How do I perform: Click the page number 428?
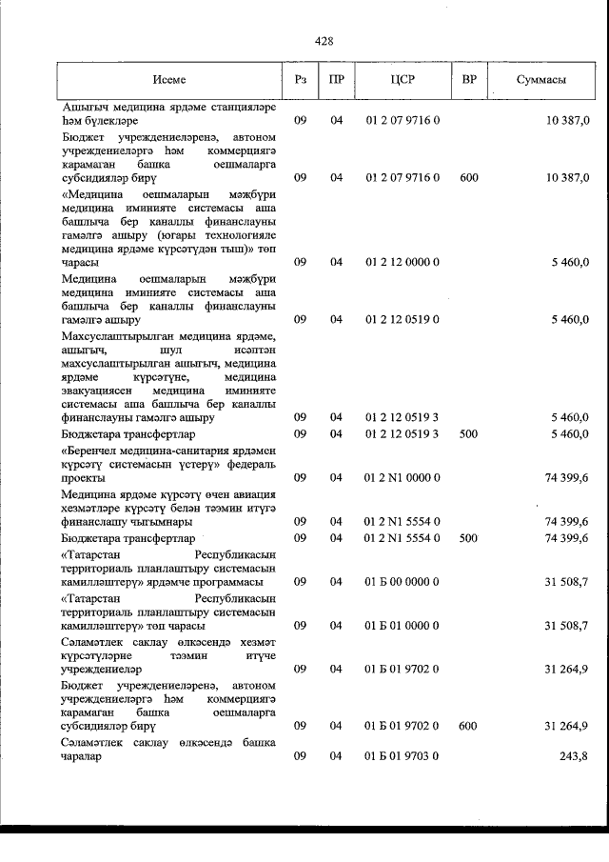coord(324,41)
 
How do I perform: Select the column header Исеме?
coord(169,80)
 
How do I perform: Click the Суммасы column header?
coord(542,80)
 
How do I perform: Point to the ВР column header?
coord(468,80)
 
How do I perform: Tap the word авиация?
coord(246,493)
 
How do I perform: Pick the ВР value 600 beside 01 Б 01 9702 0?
coord(467,726)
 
